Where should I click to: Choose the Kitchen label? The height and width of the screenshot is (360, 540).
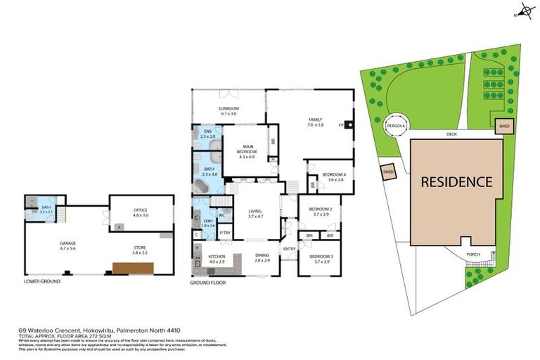(x=217, y=258)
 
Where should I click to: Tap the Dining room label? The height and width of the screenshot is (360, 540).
(x=262, y=258)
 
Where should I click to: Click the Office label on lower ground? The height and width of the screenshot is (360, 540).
(x=141, y=212)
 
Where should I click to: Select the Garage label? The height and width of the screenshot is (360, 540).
(x=67, y=245)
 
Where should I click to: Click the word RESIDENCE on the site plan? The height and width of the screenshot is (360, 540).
(x=456, y=181)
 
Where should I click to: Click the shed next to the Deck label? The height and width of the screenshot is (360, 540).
(x=503, y=127)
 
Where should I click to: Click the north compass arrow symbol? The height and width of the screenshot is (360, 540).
(x=520, y=13)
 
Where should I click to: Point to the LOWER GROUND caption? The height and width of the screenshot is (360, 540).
(x=41, y=281)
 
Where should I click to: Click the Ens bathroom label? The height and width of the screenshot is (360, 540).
(x=208, y=134)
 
